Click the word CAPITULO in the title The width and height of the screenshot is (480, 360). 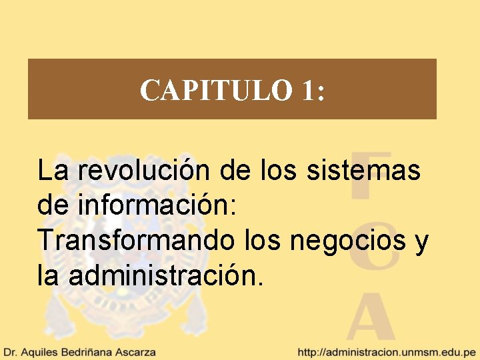[216, 90]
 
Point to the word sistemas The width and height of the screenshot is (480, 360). [364, 171]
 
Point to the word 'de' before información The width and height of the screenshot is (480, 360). [52, 205]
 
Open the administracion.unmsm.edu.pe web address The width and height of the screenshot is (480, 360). [387, 351]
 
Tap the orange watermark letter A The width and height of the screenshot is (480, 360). [371, 317]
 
